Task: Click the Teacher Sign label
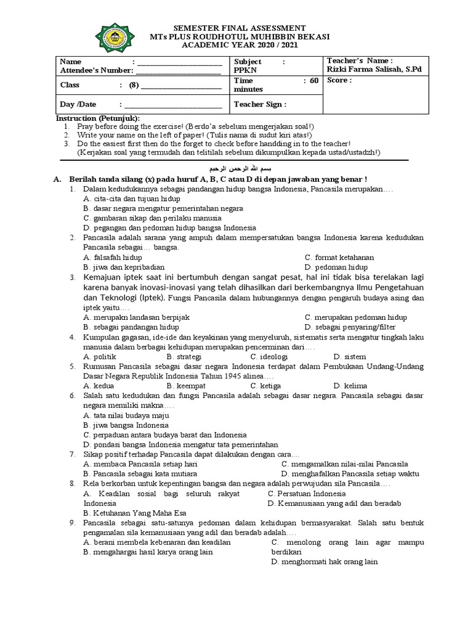coord(260,104)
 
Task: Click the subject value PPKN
coord(244,70)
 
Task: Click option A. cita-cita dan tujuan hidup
coord(131,199)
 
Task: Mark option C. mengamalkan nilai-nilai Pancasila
coord(344,464)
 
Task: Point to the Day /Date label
coord(78,104)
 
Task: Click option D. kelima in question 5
coord(350,386)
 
